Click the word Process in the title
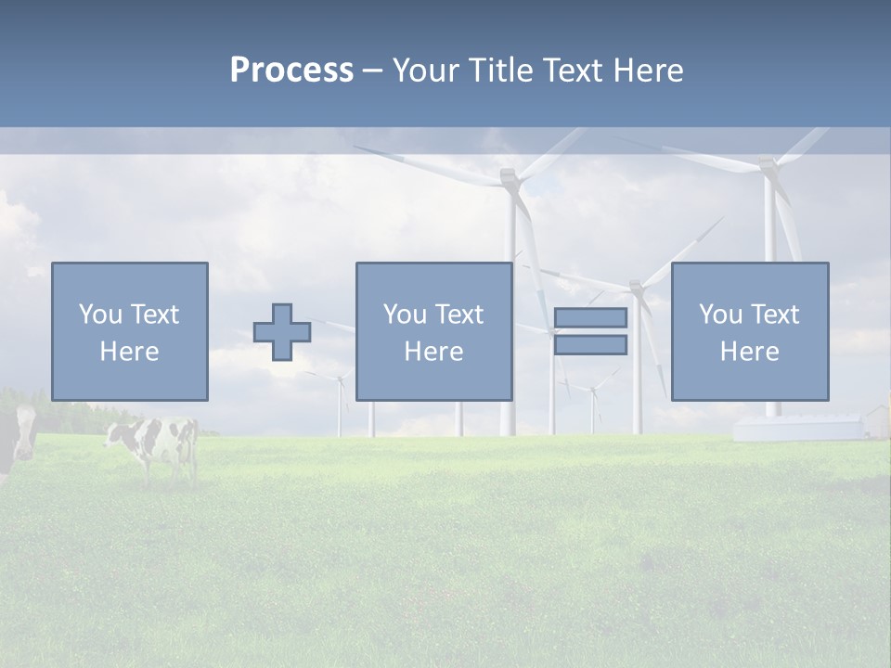tap(291, 70)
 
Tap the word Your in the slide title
tap(427, 71)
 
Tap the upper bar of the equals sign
tap(590, 318)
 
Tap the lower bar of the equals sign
tap(590, 345)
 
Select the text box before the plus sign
tap(129, 331)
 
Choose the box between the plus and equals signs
tap(433, 331)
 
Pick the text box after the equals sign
tap(749, 331)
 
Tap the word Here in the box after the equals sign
tap(749, 352)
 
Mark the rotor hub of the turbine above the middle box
tap(508, 175)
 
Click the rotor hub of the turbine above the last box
tap(768, 166)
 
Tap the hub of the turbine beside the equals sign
tap(636, 287)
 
